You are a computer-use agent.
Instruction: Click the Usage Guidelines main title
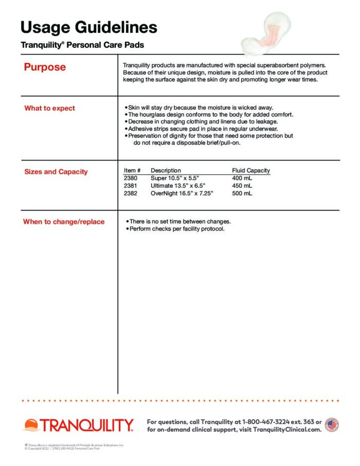tap(89, 27)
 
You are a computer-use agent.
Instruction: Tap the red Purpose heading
tap(45, 67)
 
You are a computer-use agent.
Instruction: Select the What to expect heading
tap(49, 108)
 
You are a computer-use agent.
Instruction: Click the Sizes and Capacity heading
tap(56, 172)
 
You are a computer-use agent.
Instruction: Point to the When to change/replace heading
tap(64, 222)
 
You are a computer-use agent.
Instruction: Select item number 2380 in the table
tap(131, 178)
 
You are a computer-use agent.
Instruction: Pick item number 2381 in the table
tap(131, 186)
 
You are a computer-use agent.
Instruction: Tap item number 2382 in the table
tap(131, 193)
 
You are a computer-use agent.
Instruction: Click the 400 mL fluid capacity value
tap(242, 178)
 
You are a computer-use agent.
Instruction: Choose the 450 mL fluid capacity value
tap(242, 186)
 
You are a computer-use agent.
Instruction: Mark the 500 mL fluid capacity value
tap(242, 193)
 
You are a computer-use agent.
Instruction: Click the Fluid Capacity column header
tap(251, 170)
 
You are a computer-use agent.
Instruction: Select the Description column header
tap(166, 170)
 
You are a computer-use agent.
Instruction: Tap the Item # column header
tap(133, 170)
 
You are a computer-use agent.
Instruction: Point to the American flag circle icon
tap(332, 425)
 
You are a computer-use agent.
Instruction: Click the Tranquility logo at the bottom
tap(79, 425)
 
